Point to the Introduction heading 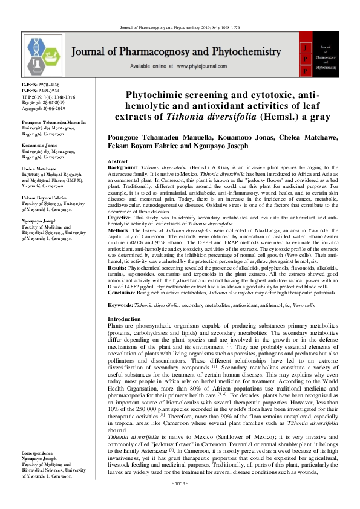124,319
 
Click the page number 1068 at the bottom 180,501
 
